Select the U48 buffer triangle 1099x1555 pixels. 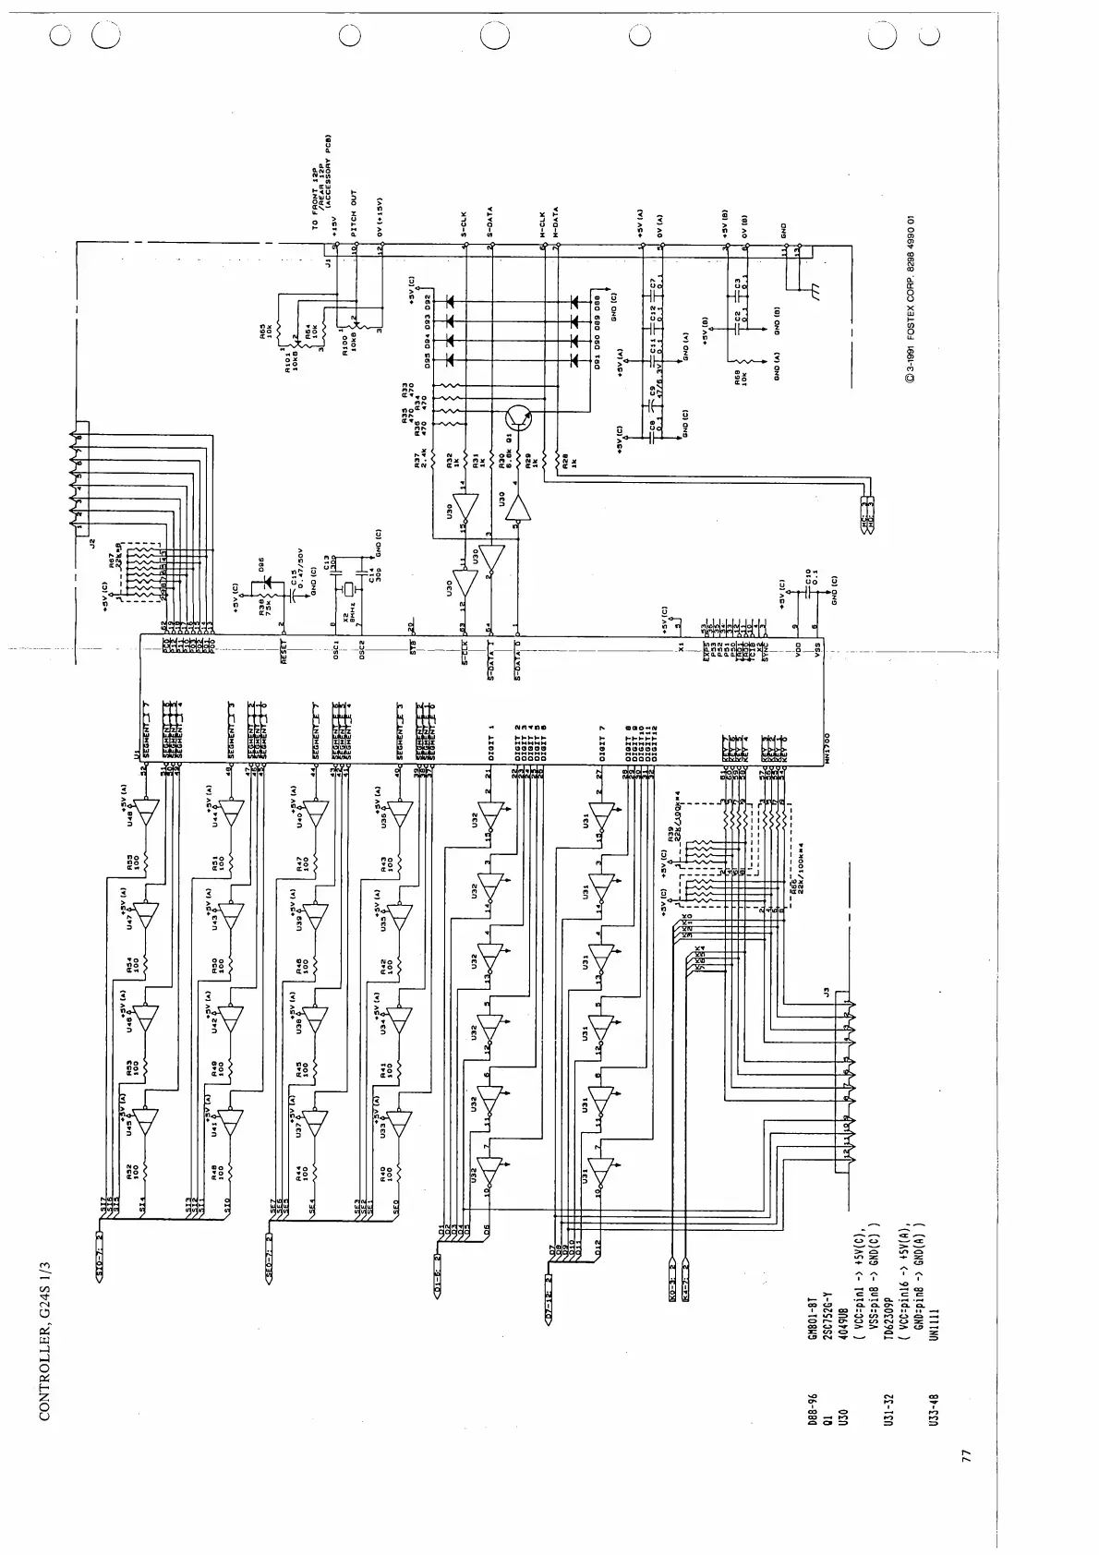pos(147,812)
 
